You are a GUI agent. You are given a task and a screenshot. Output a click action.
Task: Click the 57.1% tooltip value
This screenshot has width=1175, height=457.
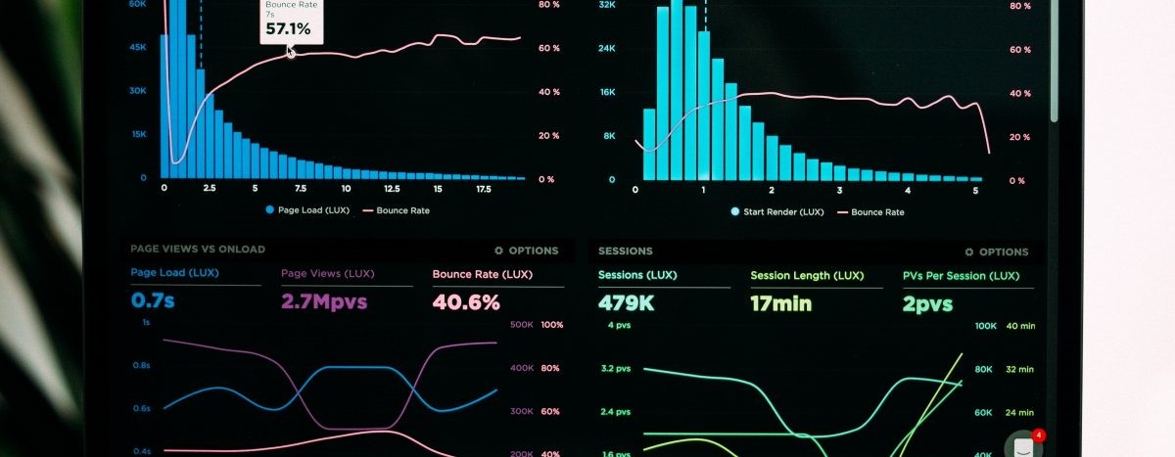[x=288, y=29]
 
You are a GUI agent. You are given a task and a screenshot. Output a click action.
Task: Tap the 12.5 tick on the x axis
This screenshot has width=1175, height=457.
[x=392, y=188]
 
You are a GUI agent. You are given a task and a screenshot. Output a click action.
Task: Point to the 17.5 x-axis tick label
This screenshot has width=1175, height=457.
[x=483, y=188]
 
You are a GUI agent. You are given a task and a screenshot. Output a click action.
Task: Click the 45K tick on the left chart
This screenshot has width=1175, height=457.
[x=138, y=46]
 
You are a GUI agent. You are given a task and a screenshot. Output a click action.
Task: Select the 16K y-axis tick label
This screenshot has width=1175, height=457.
[x=607, y=92]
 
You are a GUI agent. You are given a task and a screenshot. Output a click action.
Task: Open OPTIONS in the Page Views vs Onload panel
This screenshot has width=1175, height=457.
[x=526, y=251]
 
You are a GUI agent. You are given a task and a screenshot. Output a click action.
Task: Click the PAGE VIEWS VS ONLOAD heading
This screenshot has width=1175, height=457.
[x=198, y=250]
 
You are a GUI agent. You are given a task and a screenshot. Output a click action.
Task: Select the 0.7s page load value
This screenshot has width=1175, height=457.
[x=153, y=301]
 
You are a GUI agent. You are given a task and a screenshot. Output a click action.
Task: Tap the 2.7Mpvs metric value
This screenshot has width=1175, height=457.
[x=324, y=301]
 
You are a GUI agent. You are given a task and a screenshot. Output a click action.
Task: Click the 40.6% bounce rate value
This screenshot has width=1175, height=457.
[x=466, y=302]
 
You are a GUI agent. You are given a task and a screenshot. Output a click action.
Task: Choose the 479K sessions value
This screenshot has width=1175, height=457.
[x=626, y=303]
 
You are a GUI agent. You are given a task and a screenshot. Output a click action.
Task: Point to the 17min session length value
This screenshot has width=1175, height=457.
[x=780, y=303]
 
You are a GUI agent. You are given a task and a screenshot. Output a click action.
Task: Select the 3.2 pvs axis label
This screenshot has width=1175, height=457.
[x=616, y=369]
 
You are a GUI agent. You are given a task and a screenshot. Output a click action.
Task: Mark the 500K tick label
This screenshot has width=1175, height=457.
[x=522, y=324]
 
